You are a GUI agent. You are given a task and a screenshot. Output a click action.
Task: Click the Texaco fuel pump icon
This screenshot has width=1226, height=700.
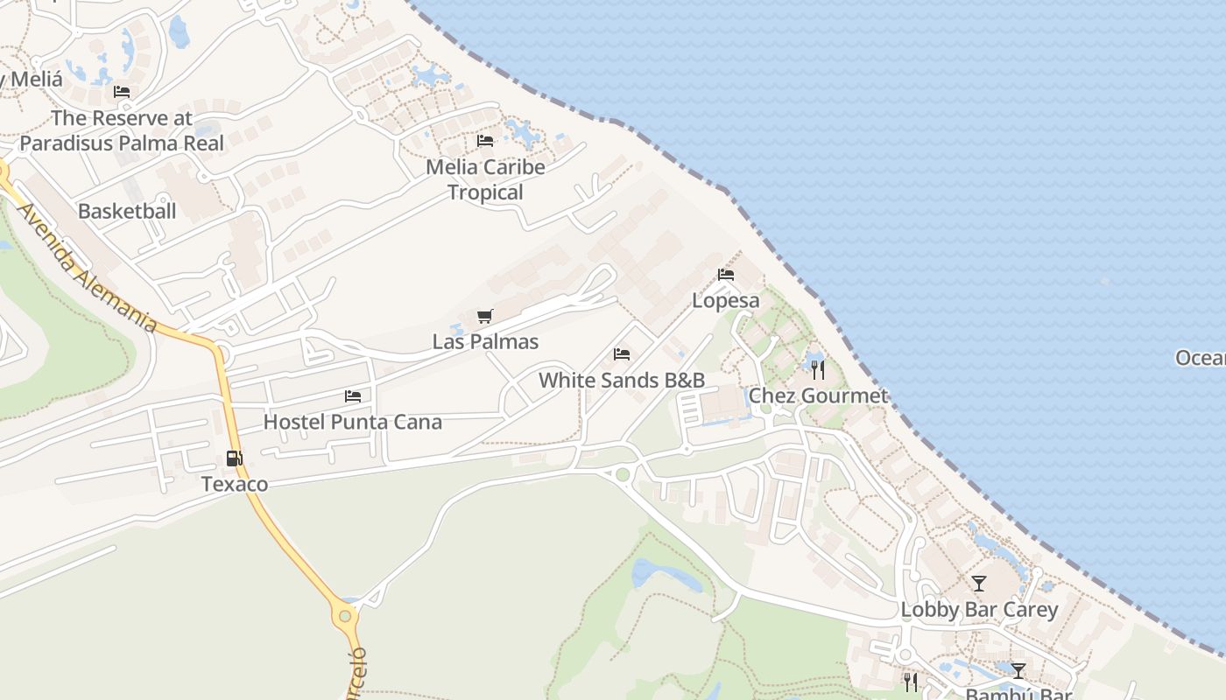click(234, 458)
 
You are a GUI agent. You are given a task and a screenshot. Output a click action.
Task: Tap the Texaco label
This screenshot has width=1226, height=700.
click(234, 484)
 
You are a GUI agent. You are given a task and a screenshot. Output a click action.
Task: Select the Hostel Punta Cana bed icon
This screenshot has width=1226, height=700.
click(353, 396)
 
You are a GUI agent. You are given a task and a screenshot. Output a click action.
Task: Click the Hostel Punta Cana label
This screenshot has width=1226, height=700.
click(353, 422)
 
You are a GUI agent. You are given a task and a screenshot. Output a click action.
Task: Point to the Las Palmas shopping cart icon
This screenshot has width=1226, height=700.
click(485, 316)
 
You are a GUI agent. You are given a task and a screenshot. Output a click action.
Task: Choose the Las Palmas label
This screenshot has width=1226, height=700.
click(485, 341)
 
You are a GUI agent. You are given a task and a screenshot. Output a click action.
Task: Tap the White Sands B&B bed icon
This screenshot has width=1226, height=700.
click(622, 354)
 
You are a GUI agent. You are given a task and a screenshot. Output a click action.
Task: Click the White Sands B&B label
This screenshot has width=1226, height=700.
click(622, 380)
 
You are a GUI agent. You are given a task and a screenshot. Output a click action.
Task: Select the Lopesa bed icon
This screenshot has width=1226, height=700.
click(726, 275)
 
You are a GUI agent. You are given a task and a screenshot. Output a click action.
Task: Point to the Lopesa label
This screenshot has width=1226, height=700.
click(726, 300)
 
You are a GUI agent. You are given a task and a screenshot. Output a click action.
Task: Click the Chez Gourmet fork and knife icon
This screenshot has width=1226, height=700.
click(818, 369)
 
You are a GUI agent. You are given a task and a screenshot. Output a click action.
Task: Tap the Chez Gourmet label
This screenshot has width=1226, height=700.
click(818, 395)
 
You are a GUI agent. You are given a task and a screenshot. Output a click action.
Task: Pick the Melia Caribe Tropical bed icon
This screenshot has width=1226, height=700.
click(485, 141)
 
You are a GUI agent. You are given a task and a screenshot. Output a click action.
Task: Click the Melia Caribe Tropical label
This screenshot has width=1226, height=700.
click(485, 179)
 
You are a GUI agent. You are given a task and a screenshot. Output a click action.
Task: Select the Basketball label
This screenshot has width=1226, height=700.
click(127, 211)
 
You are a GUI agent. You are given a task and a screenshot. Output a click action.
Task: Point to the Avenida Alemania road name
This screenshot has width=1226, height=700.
click(88, 269)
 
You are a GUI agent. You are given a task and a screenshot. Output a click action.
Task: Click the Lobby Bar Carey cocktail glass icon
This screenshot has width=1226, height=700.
click(979, 584)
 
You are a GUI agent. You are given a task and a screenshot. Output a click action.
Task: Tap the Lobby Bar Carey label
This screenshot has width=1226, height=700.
click(979, 609)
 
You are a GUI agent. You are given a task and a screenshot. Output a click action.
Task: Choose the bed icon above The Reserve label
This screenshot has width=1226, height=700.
click(122, 92)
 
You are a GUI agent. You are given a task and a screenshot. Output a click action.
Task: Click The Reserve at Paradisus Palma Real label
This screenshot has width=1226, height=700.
click(122, 130)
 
